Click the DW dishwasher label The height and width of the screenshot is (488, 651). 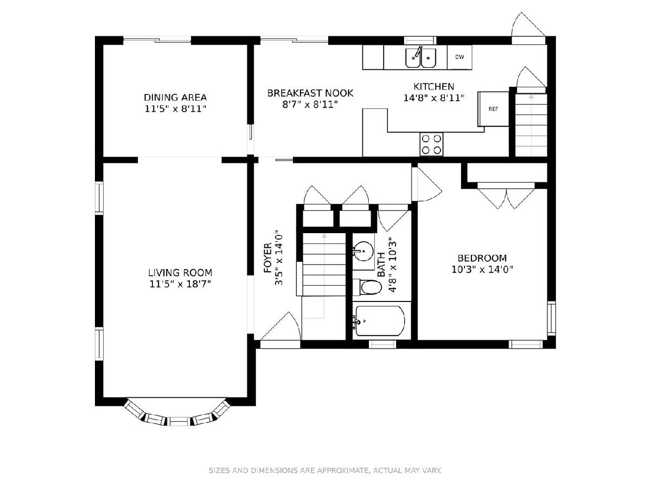pyautogui.click(x=459, y=57)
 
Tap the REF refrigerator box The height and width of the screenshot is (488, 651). pyautogui.click(x=493, y=109)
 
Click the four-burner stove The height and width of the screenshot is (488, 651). pyautogui.click(x=431, y=144)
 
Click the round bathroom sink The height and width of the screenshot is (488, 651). pyautogui.click(x=363, y=251)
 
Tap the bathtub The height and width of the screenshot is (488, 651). pyautogui.click(x=380, y=320)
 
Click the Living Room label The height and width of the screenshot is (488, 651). pyautogui.click(x=180, y=272)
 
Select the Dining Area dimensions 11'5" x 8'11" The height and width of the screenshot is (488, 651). pyautogui.click(x=175, y=109)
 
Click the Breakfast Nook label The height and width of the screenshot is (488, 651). pyautogui.click(x=310, y=93)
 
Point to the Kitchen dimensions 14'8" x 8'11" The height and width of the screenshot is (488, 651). pyautogui.click(x=433, y=98)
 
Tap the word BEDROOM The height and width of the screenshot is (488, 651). pyautogui.click(x=482, y=258)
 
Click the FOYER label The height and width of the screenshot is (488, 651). pyautogui.click(x=268, y=258)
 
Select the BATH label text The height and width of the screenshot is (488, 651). pyautogui.click(x=381, y=265)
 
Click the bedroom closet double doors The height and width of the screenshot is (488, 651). pyautogui.click(x=506, y=196)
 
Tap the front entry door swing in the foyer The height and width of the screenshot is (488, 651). pyautogui.click(x=280, y=326)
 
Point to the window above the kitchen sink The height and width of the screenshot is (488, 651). pyautogui.click(x=420, y=40)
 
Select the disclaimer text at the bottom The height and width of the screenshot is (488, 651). pyautogui.click(x=325, y=470)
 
